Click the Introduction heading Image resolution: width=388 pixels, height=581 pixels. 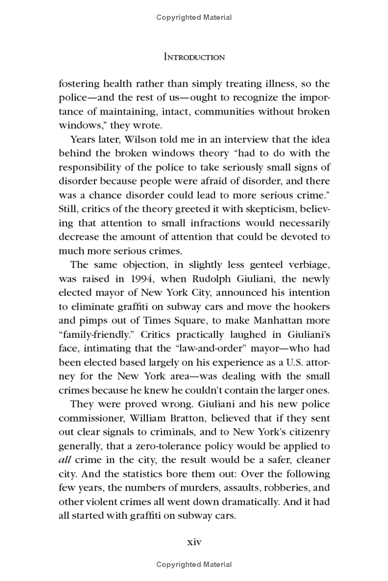pyautogui.click(x=194, y=57)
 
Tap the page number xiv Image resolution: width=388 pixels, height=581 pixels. pyautogui.click(x=194, y=541)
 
